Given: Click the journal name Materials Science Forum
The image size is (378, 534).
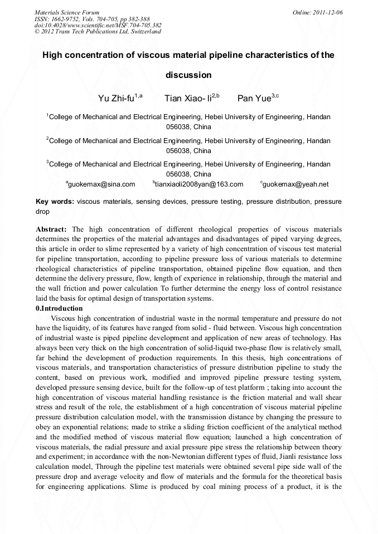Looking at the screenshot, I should (x=67, y=12).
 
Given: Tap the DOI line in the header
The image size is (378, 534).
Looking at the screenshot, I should (x=98, y=25).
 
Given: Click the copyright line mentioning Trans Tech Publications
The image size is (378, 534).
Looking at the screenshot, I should (x=98, y=31).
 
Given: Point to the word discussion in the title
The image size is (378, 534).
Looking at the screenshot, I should (x=188, y=75).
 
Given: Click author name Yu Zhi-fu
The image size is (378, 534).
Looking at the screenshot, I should (x=117, y=99).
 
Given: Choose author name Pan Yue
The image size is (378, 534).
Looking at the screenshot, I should (x=254, y=99).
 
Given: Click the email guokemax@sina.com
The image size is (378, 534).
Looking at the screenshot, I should (x=101, y=184).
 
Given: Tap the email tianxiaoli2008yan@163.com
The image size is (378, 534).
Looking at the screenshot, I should (x=199, y=184).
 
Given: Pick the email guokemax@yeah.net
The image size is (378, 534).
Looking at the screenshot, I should (x=295, y=184).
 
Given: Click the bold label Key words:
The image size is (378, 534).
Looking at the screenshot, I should (x=55, y=202).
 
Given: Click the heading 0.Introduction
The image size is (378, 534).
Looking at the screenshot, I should (x=59, y=308).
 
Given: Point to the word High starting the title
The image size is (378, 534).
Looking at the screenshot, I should (x=54, y=55).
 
